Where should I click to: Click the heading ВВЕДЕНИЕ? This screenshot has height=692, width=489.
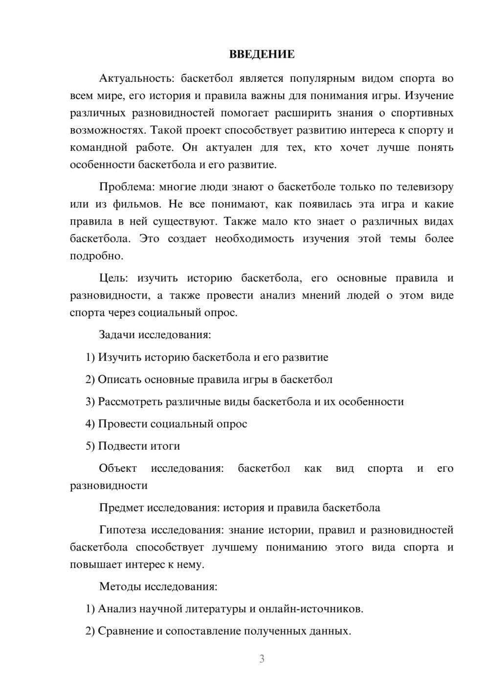coord(262,54)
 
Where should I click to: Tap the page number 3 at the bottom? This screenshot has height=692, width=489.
coord(262,659)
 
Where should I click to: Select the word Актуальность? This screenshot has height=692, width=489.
coord(136,78)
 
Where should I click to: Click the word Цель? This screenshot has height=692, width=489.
coord(113,278)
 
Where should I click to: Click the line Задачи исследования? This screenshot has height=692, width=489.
coord(155,335)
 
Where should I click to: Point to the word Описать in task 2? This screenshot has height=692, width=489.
coord(120,379)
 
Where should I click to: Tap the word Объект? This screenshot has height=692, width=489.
coord(118,468)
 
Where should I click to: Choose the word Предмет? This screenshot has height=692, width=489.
coord(121,507)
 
